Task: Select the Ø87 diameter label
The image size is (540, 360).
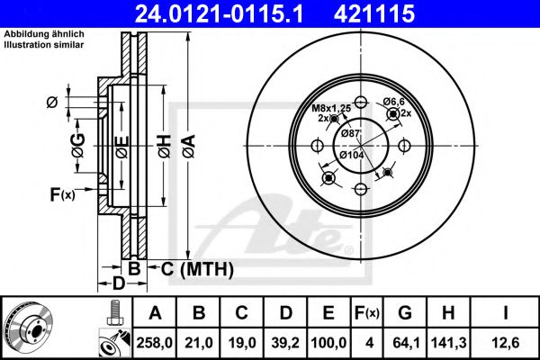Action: point(351,135)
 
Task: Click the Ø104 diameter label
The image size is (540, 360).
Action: point(352,154)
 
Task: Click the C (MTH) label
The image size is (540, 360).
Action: point(196,268)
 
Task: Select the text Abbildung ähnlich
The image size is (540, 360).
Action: point(31,33)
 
